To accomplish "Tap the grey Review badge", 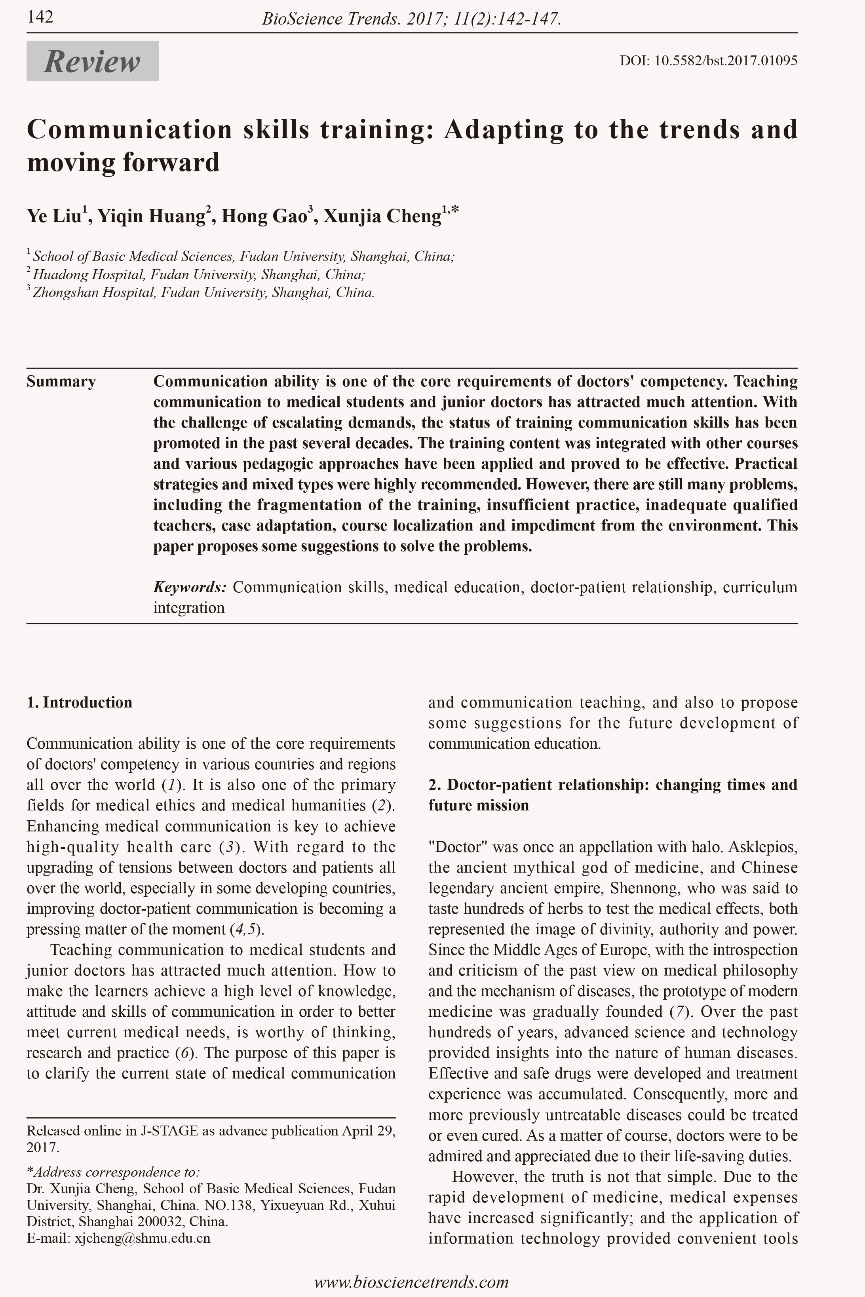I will tap(92, 61).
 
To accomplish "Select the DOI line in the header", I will tap(708, 61).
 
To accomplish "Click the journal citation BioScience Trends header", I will tap(411, 20).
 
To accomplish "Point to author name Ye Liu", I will tap(54, 216).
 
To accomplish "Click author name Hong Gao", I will tap(264, 216).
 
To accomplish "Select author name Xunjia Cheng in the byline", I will tap(382, 216).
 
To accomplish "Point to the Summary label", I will tap(61, 382).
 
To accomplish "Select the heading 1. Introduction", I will tap(80, 702).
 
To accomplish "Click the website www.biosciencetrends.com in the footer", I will tap(411, 1281).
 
